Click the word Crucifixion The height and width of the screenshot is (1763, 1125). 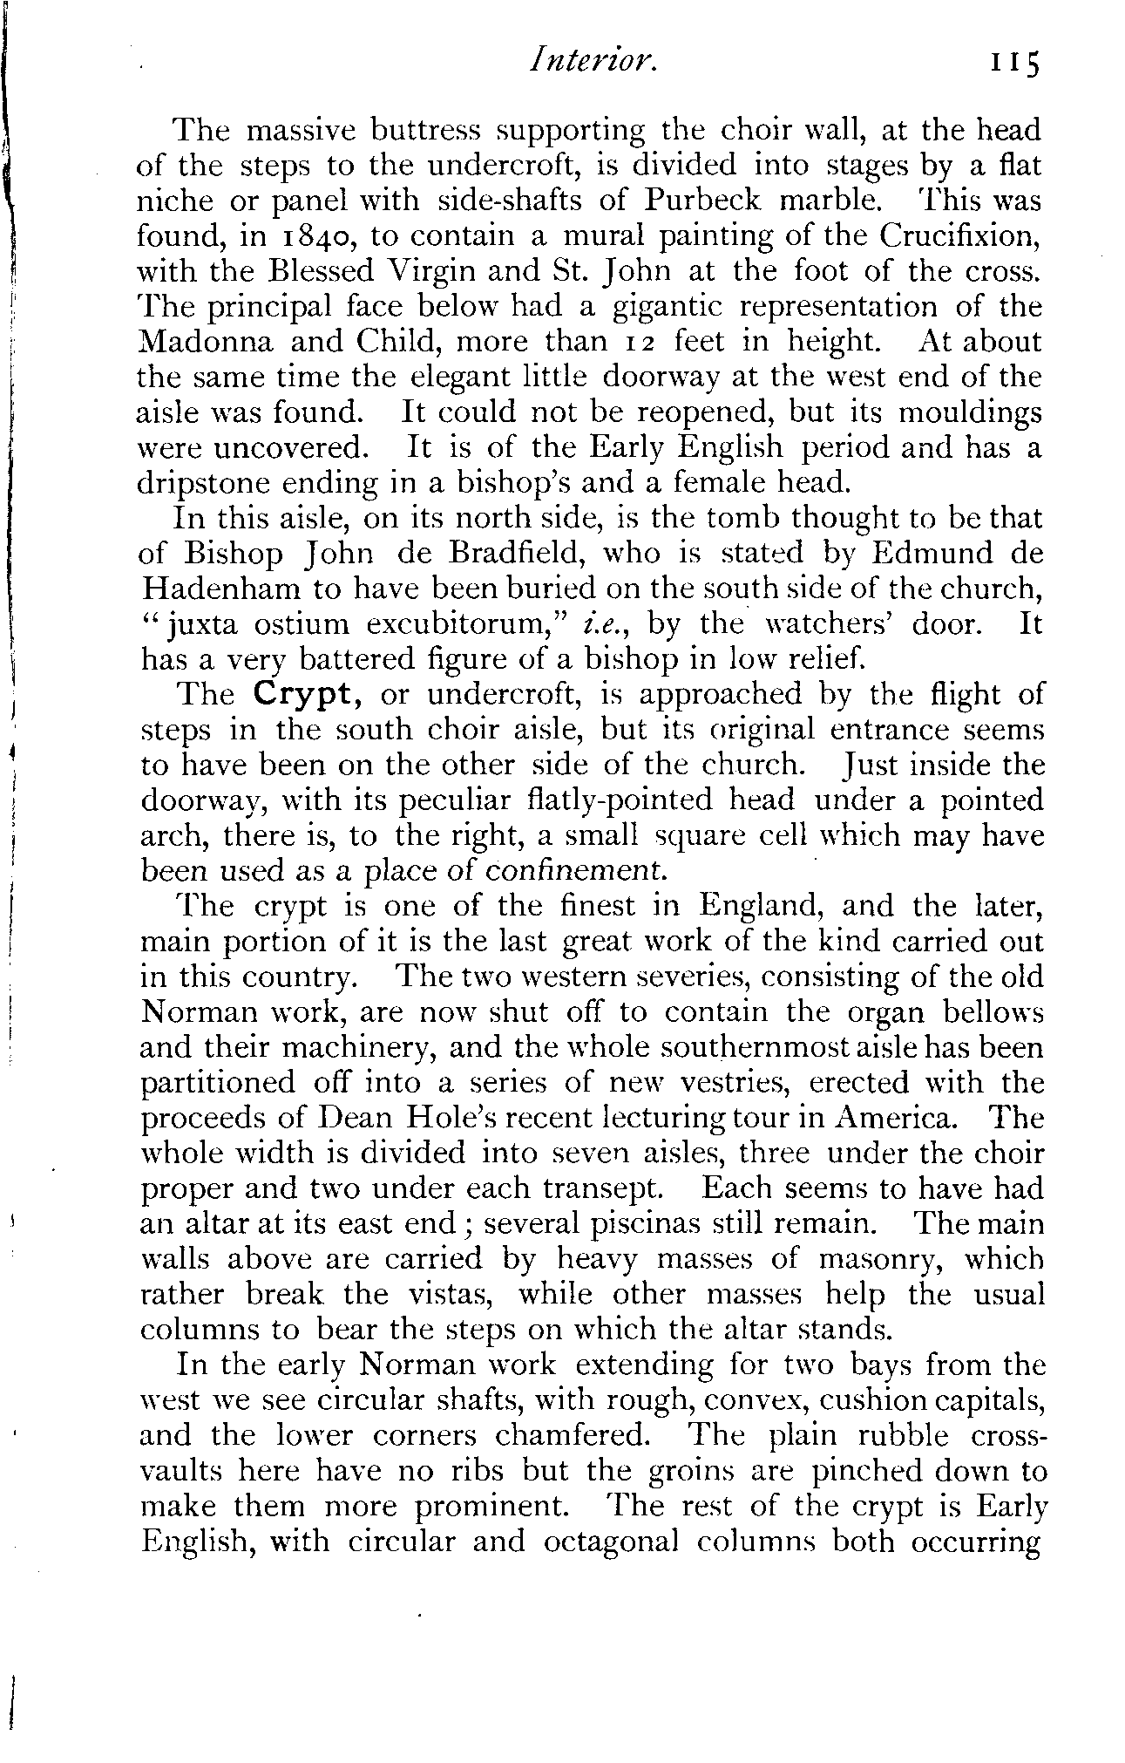click(960, 236)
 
